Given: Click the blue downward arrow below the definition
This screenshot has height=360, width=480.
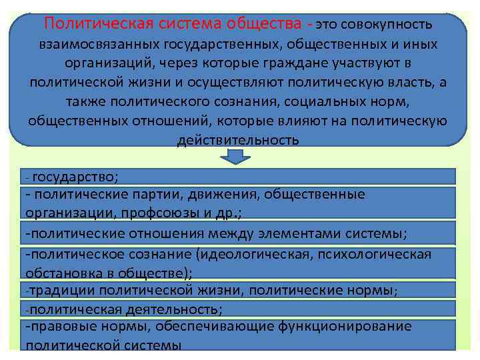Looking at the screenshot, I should [235, 157].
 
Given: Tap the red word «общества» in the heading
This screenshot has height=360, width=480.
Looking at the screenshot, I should [265, 24].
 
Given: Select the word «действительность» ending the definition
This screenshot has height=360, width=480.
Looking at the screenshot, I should [238, 141].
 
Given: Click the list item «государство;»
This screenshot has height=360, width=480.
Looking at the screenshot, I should [75, 177].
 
